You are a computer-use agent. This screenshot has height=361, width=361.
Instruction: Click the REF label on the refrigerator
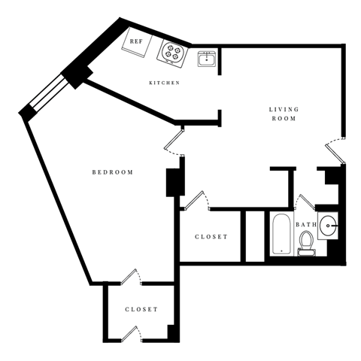(x=137, y=42)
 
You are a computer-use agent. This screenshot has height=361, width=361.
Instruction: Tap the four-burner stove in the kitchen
(x=171, y=53)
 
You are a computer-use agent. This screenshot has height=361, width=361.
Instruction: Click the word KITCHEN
(x=164, y=83)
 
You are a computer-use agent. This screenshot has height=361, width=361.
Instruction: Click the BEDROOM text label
(x=112, y=172)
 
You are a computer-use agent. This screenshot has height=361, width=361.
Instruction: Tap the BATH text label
(x=306, y=225)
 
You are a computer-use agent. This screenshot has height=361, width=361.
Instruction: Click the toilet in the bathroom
(x=306, y=242)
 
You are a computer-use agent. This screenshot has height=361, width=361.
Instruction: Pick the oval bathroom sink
(x=329, y=225)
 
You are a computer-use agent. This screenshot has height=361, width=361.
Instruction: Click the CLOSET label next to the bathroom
(x=211, y=237)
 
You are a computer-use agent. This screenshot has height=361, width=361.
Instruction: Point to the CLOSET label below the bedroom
(x=141, y=309)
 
